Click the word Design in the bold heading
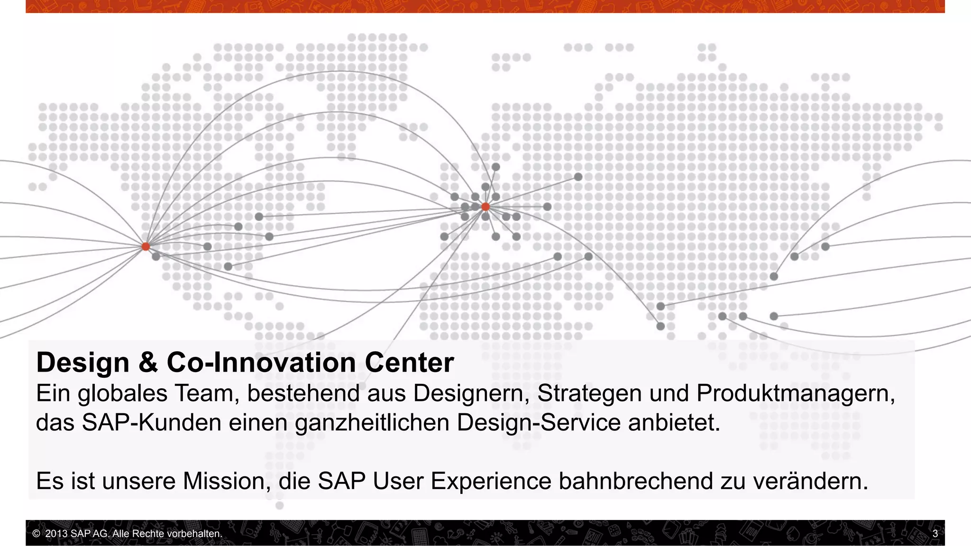click(82, 363)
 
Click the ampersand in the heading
click(148, 363)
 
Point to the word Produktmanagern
click(795, 393)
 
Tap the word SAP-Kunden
click(151, 422)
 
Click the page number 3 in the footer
click(935, 534)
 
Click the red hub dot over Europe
click(485, 207)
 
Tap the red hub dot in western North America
click(146, 246)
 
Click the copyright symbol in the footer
click(36, 534)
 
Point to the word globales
click(122, 393)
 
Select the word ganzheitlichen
click(372, 422)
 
